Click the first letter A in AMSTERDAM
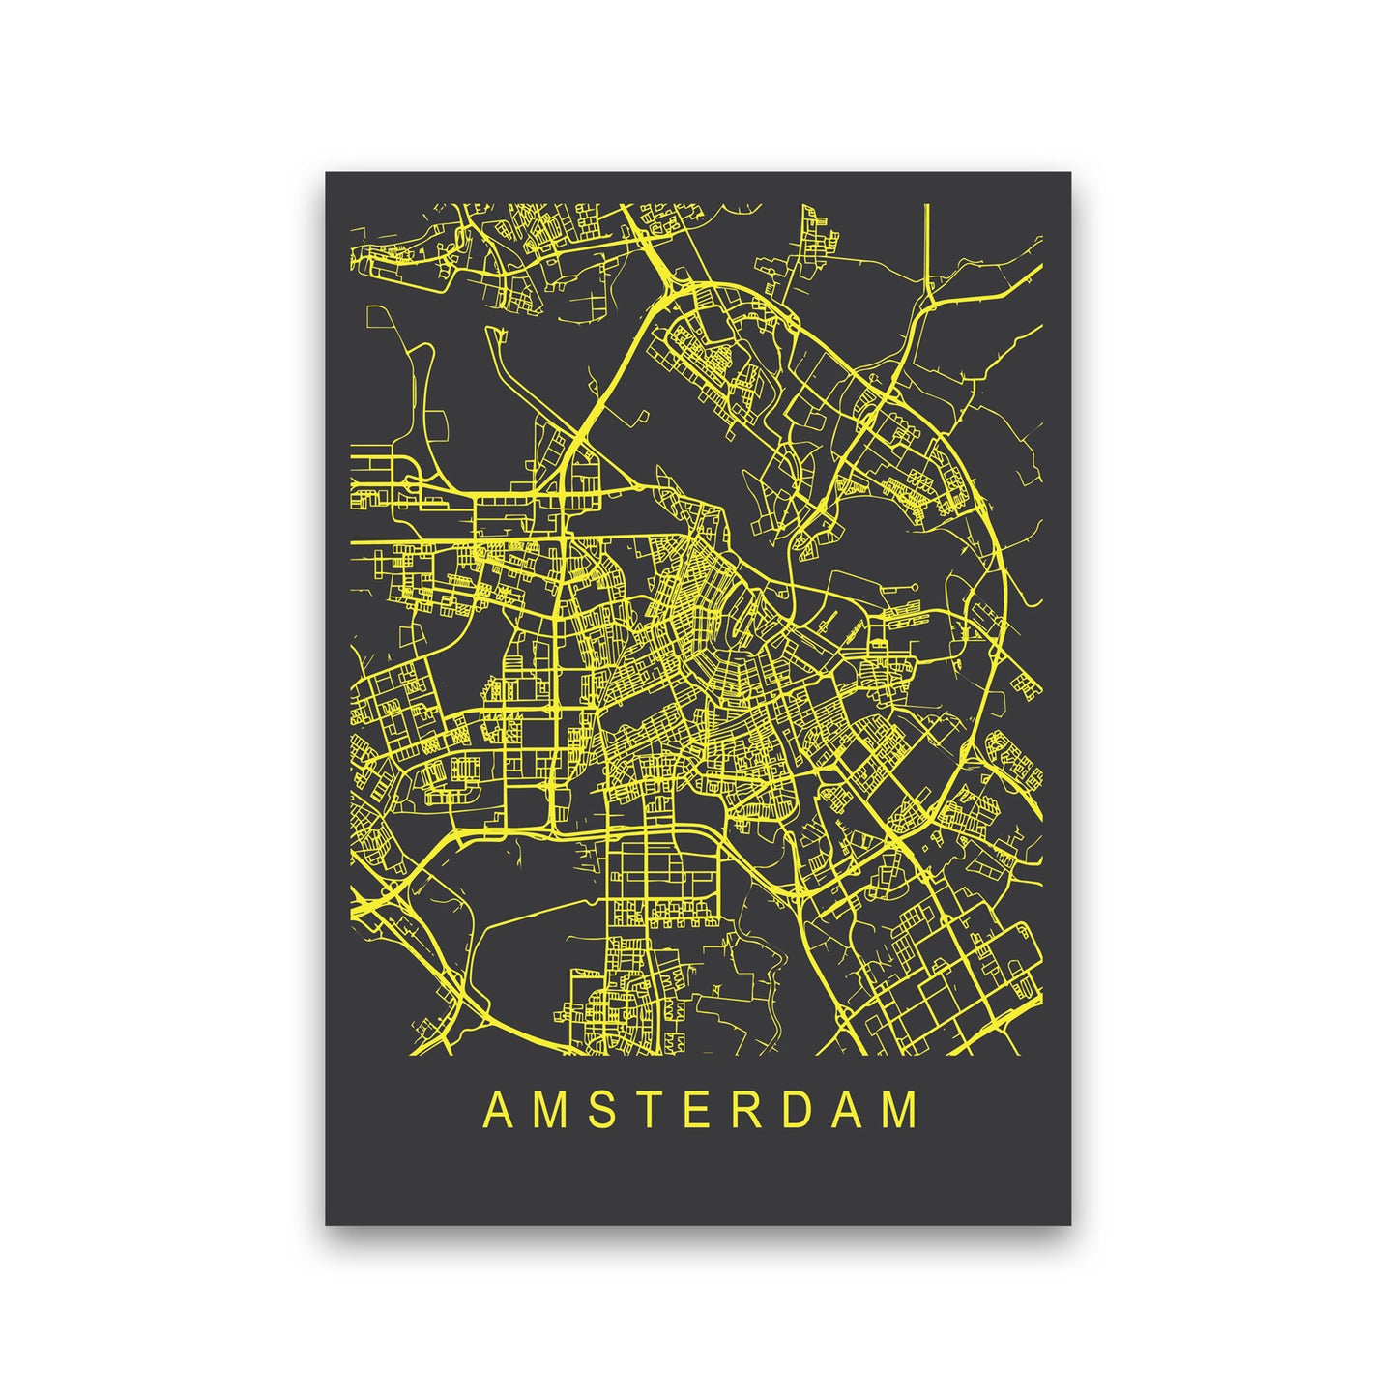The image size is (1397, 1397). point(497,1111)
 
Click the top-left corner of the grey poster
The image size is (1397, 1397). point(326,173)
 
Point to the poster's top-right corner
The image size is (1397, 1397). point(1070,173)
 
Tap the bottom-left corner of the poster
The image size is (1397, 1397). point(326,1224)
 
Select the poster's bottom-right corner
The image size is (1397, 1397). point(1070,1224)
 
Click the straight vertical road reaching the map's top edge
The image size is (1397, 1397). point(927,242)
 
